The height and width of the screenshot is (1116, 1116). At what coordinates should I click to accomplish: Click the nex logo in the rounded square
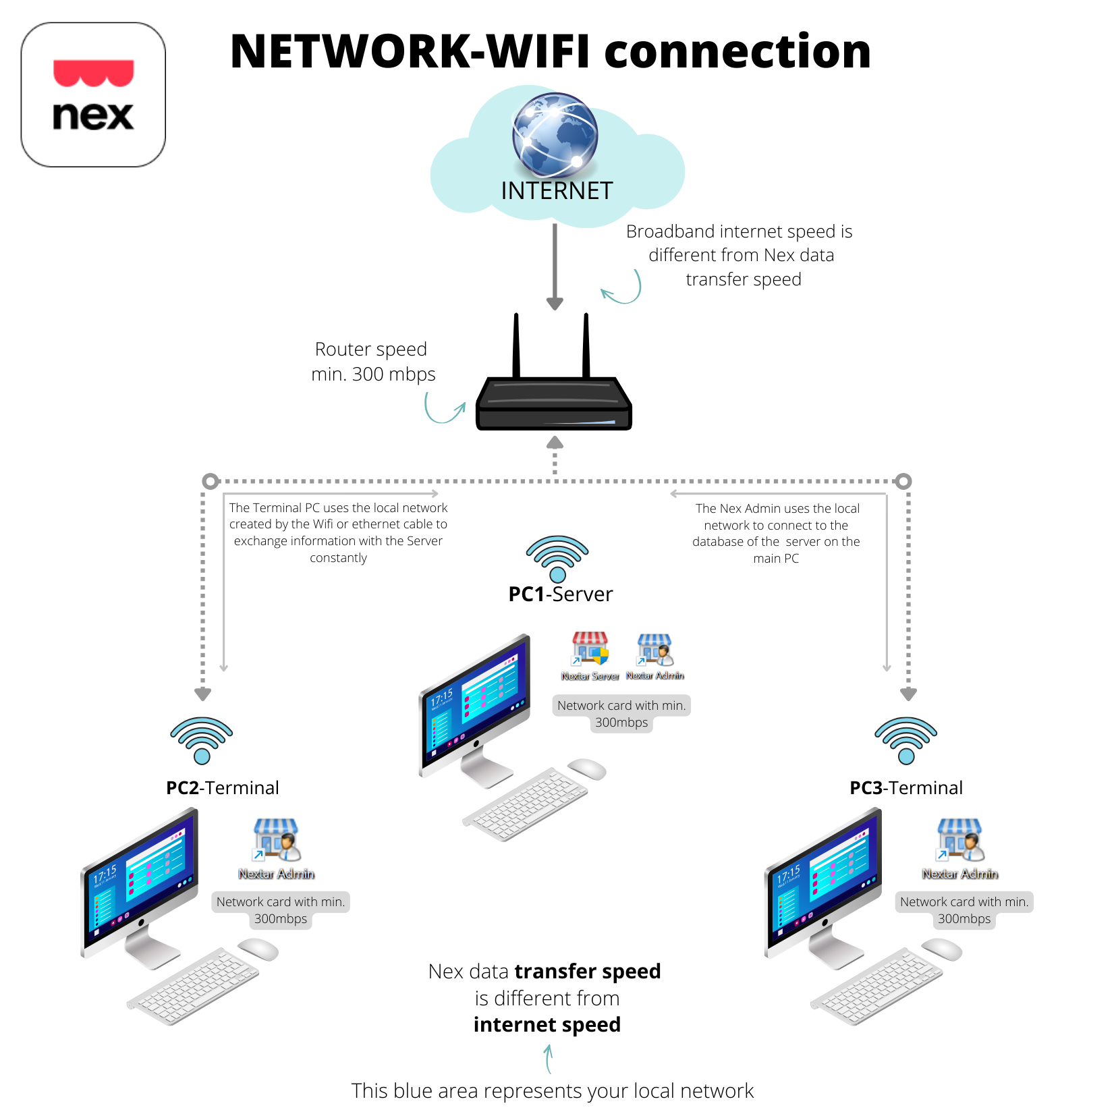click(x=93, y=94)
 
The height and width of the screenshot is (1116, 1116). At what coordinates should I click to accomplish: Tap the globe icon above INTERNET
click(x=555, y=135)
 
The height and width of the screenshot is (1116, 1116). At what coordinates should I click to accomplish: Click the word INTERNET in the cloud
click(x=557, y=191)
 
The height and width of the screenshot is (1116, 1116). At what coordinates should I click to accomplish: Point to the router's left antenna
click(x=516, y=345)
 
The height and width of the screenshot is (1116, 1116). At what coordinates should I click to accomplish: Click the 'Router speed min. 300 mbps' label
click(x=373, y=362)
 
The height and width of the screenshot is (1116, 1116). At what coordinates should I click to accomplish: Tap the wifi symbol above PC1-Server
click(x=557, y=559)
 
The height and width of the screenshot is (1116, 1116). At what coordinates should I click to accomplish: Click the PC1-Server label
click(x=560, y=594)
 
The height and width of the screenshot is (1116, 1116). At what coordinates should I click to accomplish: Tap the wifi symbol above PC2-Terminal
click(x=202, y=740)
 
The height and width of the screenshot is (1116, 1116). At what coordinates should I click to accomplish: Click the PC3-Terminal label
click(x=906, y=788)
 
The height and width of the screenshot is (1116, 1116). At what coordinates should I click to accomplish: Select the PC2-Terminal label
click(x=223, y=788)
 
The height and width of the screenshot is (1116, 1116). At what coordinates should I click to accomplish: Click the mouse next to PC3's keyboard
click(x=942, y=949)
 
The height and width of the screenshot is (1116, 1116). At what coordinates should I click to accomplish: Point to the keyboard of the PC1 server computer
click(x=525, y=804)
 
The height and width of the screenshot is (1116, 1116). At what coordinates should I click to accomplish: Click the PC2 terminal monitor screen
click(x=140, y=877)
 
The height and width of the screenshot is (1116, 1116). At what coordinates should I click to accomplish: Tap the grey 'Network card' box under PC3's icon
click(x=964, y=910)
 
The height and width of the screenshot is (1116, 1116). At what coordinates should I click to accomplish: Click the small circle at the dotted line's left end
click(x=211, y=481)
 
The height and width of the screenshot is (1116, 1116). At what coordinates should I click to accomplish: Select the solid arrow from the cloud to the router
click(x=555, y=267)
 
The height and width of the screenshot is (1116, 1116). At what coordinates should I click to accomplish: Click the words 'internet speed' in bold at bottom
click(x=547, y=1024)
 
